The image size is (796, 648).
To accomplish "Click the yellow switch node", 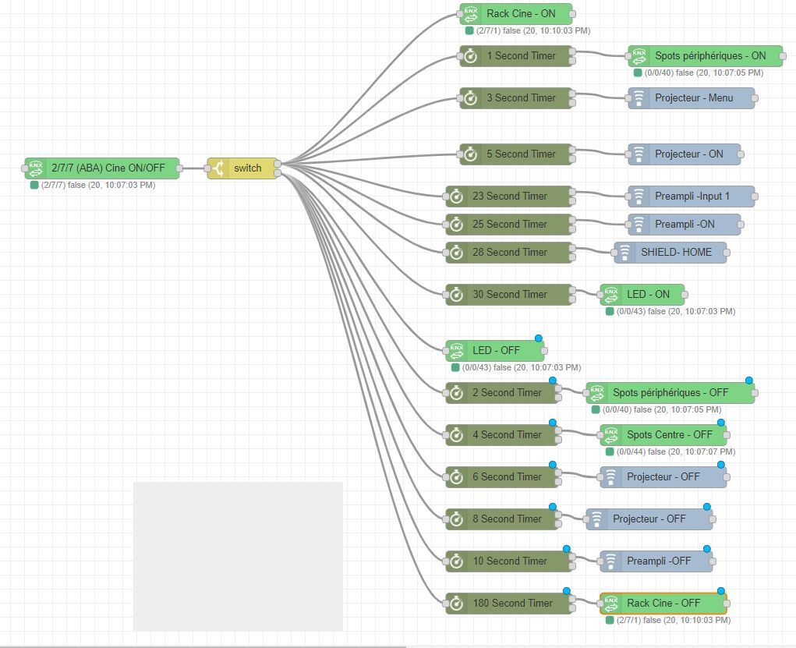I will click(246, 168).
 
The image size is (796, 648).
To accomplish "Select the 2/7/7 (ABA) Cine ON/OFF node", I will click(102, 168).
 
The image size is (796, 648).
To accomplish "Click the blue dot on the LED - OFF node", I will click(539, 338).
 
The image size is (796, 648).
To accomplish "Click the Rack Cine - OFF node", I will click(663, 604).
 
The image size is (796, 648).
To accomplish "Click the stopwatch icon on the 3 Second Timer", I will click(471, 98).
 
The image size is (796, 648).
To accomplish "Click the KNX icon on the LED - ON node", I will click(610, 295).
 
